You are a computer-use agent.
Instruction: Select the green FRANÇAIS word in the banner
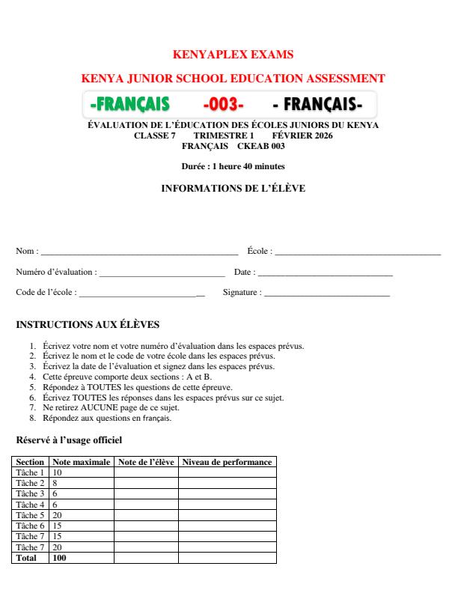pos(129,103)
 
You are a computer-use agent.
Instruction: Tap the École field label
pos(259,251)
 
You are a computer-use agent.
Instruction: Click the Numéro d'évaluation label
pos(55,272)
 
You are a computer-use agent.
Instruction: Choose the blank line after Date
pos(325,273)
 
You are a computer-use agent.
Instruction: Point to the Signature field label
pos(242,293)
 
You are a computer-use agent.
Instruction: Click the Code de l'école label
pos(46,293)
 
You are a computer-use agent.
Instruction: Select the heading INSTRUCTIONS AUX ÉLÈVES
pos(88,326)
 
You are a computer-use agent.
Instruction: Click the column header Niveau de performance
pos(227,463)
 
